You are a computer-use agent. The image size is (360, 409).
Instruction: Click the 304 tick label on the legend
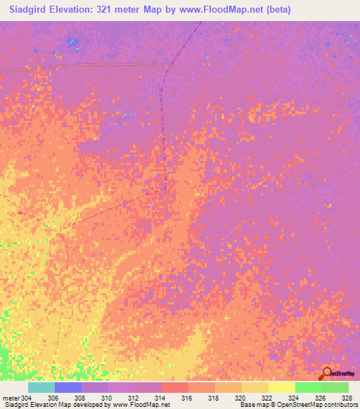[27, 398]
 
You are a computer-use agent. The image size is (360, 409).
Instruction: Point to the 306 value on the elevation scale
[53, 398]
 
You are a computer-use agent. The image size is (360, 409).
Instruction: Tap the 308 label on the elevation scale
[80, 398]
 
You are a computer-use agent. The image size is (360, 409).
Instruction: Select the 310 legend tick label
[107, 398]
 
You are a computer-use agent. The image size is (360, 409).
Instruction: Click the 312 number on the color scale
[134, 398]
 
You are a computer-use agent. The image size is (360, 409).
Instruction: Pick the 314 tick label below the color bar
[160, 398]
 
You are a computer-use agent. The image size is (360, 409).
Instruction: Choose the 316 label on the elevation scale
[187, 398]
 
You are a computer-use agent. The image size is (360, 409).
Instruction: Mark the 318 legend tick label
[214, 398]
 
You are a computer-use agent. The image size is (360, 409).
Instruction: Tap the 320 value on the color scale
[240, 398]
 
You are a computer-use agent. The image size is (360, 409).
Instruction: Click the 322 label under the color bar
[267, 398]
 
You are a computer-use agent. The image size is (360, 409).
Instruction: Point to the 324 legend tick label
[294, 398]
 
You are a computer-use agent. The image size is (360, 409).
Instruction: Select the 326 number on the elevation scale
[321, 398]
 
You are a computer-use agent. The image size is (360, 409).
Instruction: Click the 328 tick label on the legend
[346, 398]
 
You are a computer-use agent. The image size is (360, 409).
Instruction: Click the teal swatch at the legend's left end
[41, 387]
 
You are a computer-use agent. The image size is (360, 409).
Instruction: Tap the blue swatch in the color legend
[67, 387]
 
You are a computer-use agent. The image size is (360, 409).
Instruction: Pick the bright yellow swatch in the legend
[281, 387]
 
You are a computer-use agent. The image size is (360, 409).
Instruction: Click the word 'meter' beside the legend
[10, 398]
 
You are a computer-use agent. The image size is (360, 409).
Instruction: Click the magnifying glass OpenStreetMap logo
[326, 374]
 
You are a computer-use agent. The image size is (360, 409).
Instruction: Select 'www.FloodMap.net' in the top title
[229, 10]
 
